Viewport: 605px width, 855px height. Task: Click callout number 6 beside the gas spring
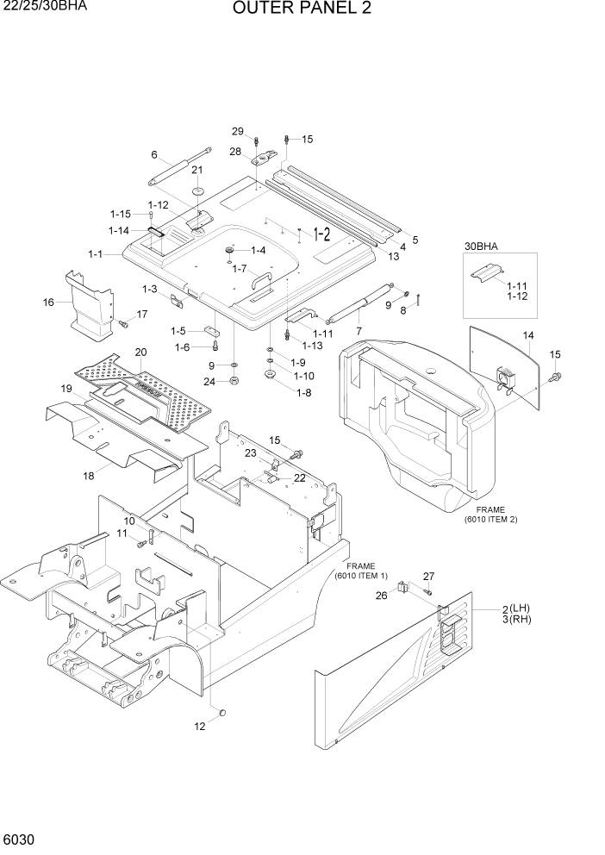coord(154,155)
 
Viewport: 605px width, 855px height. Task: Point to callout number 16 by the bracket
coord(48,303)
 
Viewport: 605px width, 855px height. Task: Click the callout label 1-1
coord(95,254)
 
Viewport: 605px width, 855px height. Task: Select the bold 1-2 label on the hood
coord(321,234)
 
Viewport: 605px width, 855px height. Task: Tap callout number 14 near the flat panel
coord(528,335)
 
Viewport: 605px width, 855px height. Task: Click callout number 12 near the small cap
coord(200,727)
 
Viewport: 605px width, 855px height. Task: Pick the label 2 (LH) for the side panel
coord(521,609)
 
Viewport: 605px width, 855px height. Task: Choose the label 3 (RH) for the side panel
coord(521,621)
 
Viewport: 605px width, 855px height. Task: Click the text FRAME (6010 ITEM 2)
coord(490,515)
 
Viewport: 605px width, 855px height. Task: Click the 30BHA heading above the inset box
coord(482,246)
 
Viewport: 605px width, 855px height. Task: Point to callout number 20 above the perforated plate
coord(140,352)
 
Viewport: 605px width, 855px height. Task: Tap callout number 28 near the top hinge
coord(235,152)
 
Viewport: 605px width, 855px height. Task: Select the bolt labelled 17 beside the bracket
coord(122,323)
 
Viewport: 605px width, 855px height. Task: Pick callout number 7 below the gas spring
coord(359,332)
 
